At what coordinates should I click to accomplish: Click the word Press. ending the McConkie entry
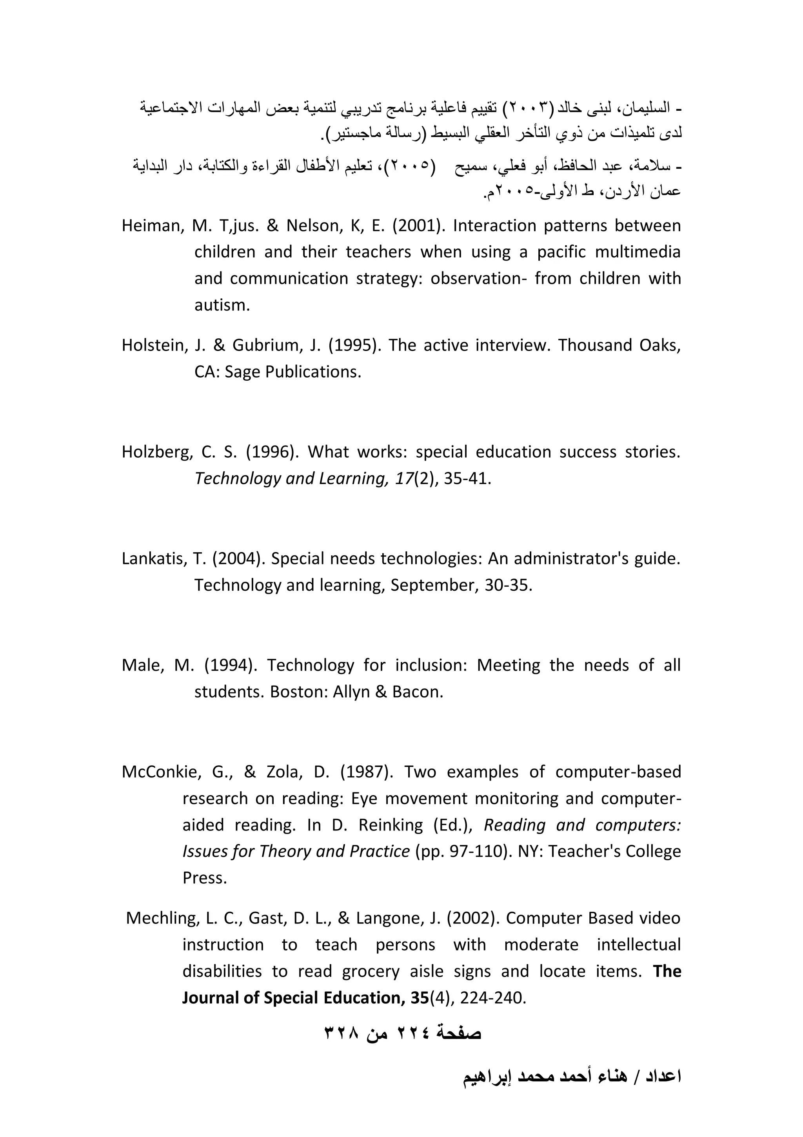click(x=204, y=878)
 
